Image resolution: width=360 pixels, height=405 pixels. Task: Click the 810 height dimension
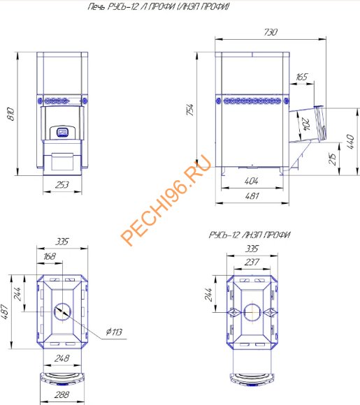pyautogui.click(x=10, y=114)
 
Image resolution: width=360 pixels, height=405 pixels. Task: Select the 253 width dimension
pyautogui.click(x=62, y=184)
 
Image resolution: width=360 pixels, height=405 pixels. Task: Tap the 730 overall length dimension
pyautogui.click(x=271, y=32)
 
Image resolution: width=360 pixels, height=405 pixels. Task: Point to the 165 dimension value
pyautogui.click(x=302, y=77)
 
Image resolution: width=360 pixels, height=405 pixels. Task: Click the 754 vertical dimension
pyautogui.click(x=190, y=110)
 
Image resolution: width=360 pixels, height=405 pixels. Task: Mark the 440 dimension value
pyautogui.click(x=350, y=141)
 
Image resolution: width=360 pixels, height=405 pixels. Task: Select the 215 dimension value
pyautogui.click(x=333, y=159)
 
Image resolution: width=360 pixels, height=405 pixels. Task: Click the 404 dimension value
pyautogui.click(x=252, y=181)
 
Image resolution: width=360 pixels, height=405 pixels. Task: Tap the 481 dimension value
pyautogui.click(x=252, y=196)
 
